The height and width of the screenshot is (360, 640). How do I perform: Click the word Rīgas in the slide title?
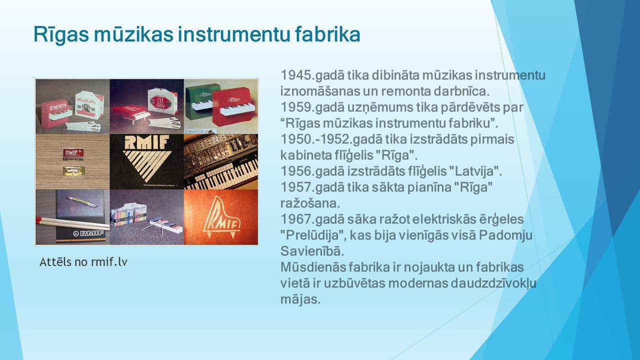[61, 35]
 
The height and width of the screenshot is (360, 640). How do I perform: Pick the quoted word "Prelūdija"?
[312, 235]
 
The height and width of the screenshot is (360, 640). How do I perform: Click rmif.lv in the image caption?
[109, 261]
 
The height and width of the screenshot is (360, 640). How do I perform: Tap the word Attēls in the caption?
[55, 261]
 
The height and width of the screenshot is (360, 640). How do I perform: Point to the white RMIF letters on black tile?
[146, 142]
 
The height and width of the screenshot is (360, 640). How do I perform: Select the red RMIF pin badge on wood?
[72, 153]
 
